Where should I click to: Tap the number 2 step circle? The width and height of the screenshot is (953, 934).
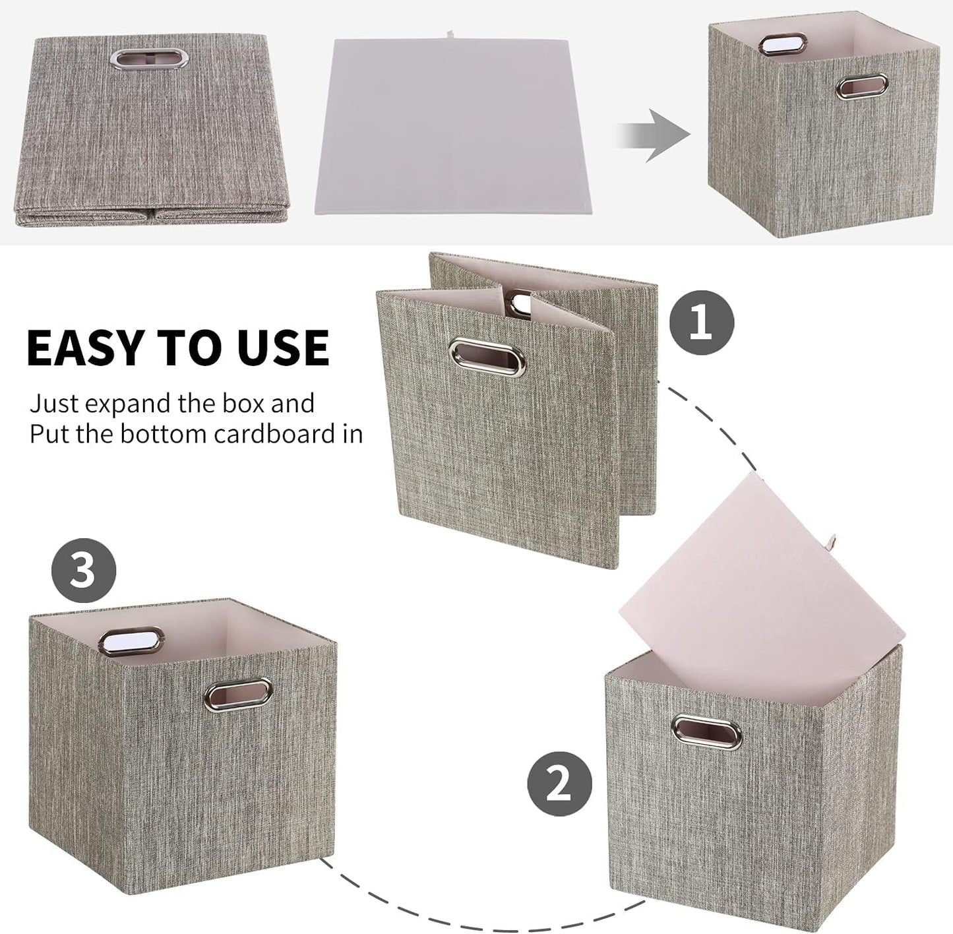(x=559, y=784)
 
